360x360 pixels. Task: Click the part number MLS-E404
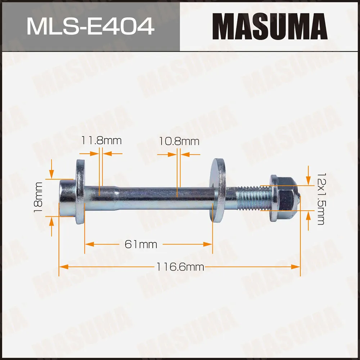click(x=90, y=26)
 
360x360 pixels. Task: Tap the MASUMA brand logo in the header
click(x=270, y=26)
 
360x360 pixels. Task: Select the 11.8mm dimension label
click(x=101, y=140)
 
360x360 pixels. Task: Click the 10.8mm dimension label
click(x=179, y=141)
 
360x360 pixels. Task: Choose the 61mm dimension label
click(x=141, y=244)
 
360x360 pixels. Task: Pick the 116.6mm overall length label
click(x=180, y=267)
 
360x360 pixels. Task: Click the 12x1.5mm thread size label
click(x=320, y=198)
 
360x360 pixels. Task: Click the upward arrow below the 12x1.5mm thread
click(x=308, y=216)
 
